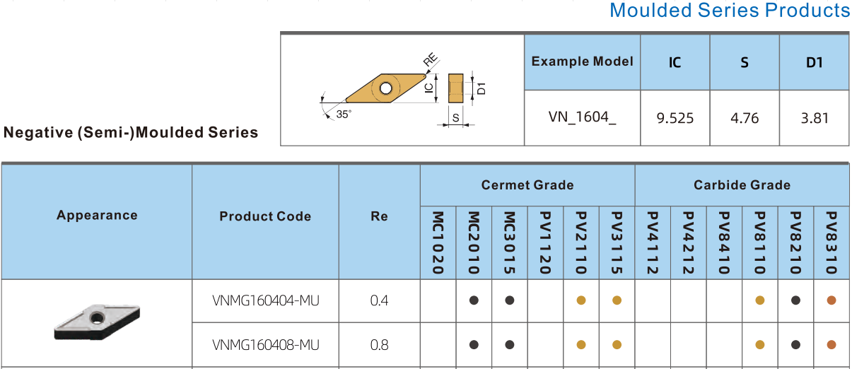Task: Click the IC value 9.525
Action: click(x=675, y=118)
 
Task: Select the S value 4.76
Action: click(x=745, y=118)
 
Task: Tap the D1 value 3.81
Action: click(x=815, y=118)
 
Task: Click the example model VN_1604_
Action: click(x=582, y=117)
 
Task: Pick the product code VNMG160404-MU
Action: click(x=265, y=301)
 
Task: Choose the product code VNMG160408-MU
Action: click(x=265, y=345)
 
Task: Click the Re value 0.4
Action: click(x=379, y=301)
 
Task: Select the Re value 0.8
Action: click(x=379, y=345)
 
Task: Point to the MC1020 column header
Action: click(x=438, y=242)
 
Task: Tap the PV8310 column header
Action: click(x=831, y=242)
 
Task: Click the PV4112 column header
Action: click(x=653, y=242)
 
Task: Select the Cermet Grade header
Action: click(x=527, y=185)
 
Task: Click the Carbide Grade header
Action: click(x=742, y=185)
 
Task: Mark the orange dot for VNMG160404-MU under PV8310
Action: click(x=831, y=300)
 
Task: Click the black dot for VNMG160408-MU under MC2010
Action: click(x=474, y=345)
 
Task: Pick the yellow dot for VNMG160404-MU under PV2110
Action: click(x=581, y=300)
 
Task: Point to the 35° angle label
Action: click(x=344, y=115)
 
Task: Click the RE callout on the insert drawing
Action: click(x=431, y=59)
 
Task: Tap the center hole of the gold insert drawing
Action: click(x=385, y=88)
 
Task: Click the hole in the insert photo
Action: click(x=97, y=317)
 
